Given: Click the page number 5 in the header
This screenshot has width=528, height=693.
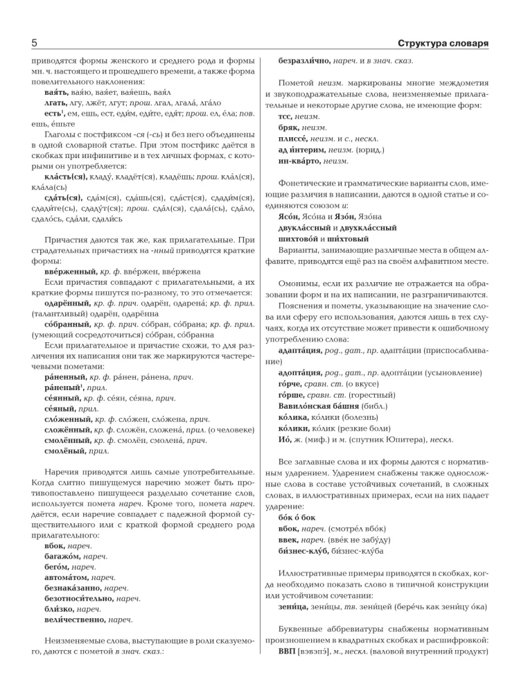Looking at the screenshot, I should click(34, 44).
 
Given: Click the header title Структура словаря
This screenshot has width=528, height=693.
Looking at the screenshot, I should click(443, 44).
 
